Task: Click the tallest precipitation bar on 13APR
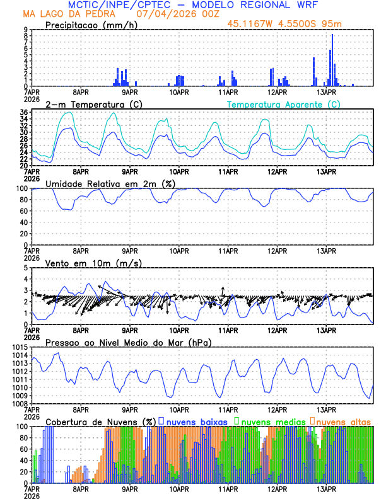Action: click(332, 60)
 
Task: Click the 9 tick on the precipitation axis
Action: click(25, 30)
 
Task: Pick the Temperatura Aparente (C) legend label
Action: click(283, 104)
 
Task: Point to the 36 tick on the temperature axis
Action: click(23, 113)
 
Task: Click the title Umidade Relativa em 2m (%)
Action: click(110, 183)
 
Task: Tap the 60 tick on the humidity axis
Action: click(23, 211)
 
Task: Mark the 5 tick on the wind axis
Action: click(25, 268)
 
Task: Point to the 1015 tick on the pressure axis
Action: click(20, 347)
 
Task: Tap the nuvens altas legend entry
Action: click(342, 421)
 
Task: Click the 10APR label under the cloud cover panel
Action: click(179, 488)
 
